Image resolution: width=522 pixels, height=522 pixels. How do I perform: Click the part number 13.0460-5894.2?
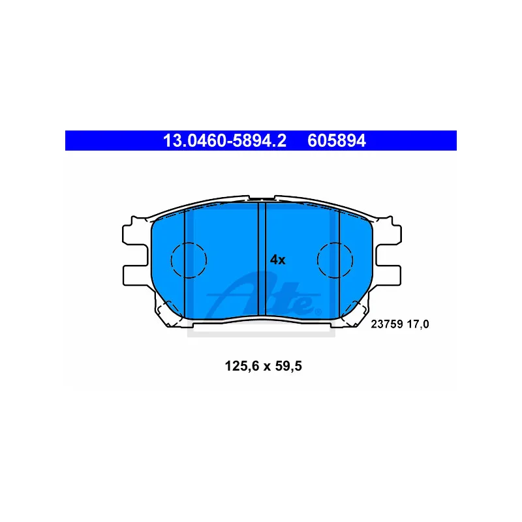point(224,140)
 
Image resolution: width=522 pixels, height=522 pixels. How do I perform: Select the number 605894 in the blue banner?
point(337,140)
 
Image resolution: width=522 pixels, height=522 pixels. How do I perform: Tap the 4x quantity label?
point(278,260)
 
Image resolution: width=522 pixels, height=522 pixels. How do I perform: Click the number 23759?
point(387,324)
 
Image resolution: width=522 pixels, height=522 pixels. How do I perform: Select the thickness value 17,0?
point(418,324)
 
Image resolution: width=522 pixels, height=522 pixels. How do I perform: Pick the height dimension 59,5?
point(288,366)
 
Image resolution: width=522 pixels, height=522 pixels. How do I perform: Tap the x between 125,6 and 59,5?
point(267,367)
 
